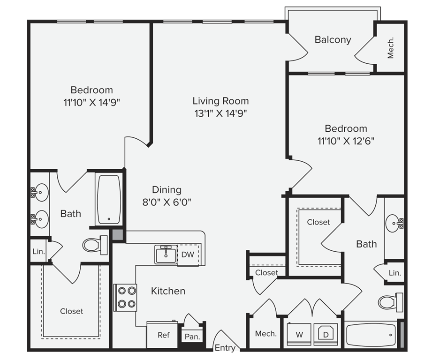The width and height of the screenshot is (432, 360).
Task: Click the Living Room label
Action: pos(220,101)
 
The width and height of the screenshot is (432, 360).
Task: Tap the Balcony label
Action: pos(333,40)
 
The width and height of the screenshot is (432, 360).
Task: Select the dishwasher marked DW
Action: pos(188,255)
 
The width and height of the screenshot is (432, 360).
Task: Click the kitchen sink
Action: pos(166,255)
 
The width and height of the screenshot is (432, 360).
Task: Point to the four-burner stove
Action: pos(125,298)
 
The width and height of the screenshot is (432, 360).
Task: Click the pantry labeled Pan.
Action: pos(192,337)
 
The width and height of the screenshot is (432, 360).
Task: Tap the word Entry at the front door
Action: pos(225,348)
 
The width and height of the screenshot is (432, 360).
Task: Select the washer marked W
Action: pos(299,334)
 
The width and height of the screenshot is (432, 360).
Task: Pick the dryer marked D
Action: pos(326,334)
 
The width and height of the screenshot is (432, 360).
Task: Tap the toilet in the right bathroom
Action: pos(391,302)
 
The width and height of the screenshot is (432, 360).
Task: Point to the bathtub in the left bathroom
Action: pos(109,200)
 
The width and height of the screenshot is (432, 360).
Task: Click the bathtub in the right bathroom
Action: pos(371,335)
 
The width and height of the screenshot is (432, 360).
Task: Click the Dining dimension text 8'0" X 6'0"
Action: pos(167,202)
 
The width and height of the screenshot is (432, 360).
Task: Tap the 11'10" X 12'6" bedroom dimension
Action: pos(346,141)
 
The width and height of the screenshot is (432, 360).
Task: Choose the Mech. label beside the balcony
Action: pos(390,48)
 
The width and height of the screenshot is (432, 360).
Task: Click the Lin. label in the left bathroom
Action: pos(38,251)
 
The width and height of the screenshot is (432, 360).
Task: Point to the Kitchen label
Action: pos(168,291)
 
